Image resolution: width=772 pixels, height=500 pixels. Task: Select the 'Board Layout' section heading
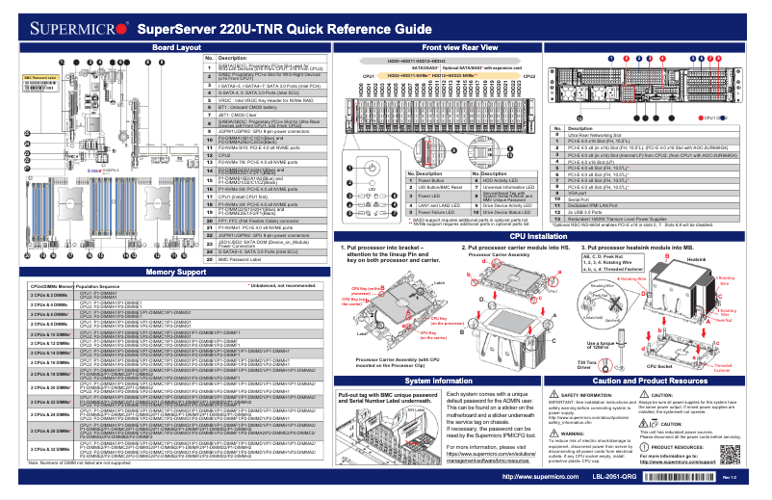coord(176,46)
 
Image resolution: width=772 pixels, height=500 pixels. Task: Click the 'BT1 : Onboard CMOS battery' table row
coord(261,107)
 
